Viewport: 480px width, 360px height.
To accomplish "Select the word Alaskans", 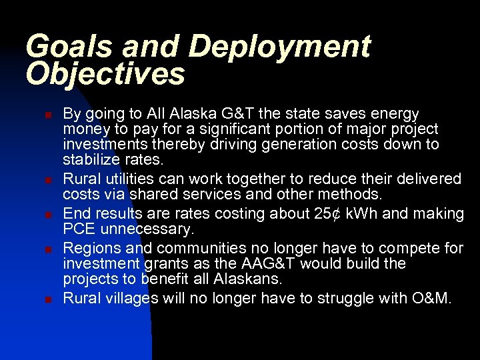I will [x=247, y=279].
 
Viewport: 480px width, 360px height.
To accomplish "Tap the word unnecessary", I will [x=149, y=230].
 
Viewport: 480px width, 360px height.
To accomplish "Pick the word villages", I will [x=130, y=299].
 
